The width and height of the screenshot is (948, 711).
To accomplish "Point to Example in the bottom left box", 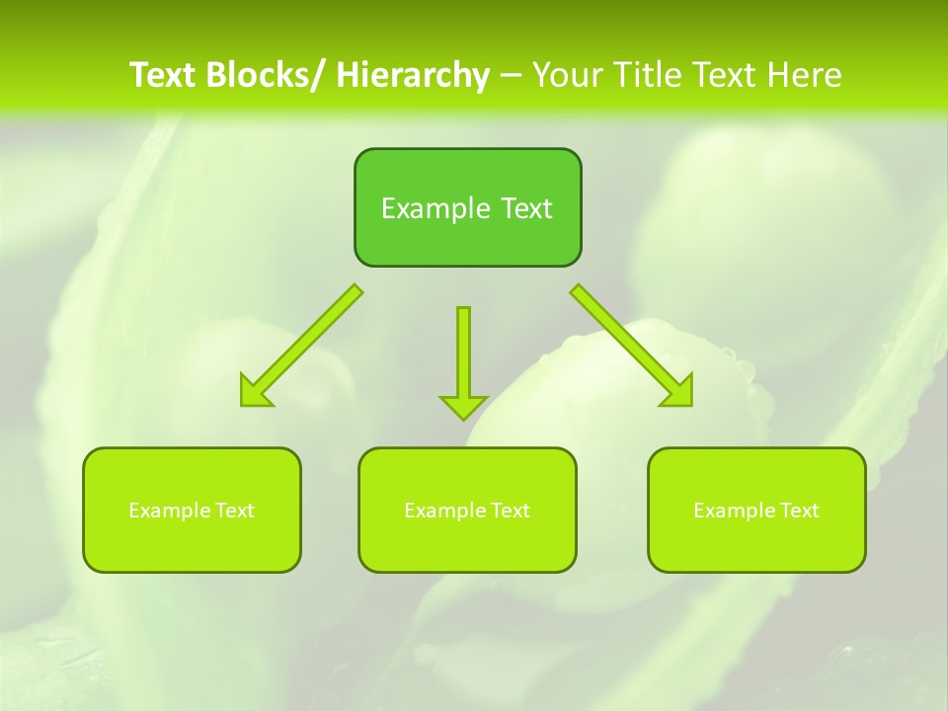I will click(169, 511).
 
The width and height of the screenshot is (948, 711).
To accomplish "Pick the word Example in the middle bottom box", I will click(444, 511).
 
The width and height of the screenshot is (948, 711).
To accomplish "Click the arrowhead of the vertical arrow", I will click(463, 405).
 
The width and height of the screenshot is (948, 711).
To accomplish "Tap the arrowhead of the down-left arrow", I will click(255, 391).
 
